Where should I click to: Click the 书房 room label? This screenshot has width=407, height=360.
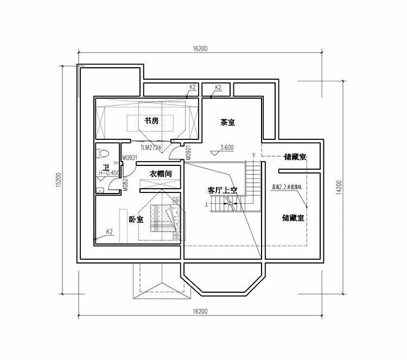tap(151, 121)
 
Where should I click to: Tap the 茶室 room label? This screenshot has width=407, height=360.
tap(227, 123)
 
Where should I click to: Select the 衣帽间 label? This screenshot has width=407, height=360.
tap(161, 174)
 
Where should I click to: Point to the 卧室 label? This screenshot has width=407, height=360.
tap(136, 220)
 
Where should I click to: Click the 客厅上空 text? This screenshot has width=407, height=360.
tap(222, 190)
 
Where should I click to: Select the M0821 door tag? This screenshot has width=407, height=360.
tap(125, 184)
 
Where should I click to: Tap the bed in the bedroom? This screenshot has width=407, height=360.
tap(165, 219)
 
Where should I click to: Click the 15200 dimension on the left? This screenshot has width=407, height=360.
tap(58, 181)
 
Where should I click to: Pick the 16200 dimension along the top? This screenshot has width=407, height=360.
tap(200, 49)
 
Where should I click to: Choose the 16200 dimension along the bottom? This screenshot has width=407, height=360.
tap(200, 311)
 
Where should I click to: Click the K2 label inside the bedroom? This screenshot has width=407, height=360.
tap(109, 232)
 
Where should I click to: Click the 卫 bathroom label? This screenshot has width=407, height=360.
tap(106, 166)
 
